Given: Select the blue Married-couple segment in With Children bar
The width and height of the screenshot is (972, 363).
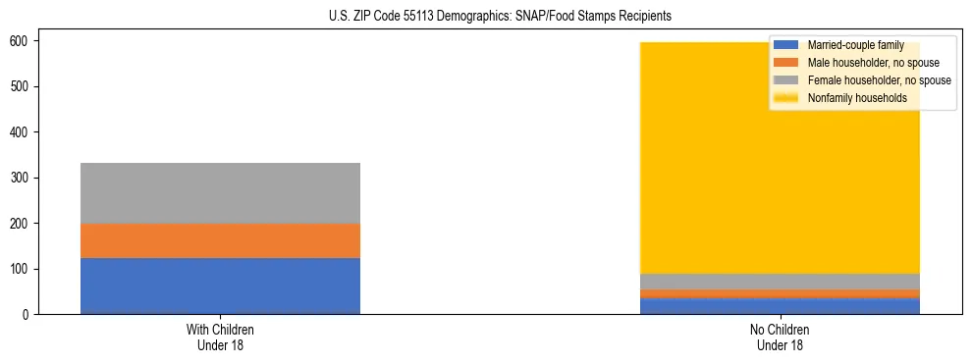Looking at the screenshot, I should [x=220, y=285].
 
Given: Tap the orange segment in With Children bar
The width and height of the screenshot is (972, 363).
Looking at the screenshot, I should [x=220, y=240].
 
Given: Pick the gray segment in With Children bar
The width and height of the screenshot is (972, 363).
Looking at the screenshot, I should [x=220, y=192].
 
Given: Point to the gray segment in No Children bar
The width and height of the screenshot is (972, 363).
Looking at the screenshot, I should [x=780, y=282].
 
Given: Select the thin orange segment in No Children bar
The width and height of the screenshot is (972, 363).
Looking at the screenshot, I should [x=780, y=293].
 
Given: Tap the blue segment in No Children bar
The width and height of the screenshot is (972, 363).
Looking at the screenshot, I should [x=780, y=305].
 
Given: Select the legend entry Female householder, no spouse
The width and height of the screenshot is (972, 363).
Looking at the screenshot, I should [x=879, y=80].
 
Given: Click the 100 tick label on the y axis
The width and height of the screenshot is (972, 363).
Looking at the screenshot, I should [x=26, y=269].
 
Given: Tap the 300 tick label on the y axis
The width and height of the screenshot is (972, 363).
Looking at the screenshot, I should [x=26, y=178].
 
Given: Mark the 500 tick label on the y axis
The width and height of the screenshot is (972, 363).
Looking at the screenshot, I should [x=26, y=86].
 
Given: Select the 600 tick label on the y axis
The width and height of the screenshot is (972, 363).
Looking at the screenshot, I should [x=26, y=41].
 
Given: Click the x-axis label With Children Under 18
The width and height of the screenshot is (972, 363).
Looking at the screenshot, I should [x=220, y=337].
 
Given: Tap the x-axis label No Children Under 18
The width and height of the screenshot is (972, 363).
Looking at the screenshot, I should [x=780, y=337].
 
